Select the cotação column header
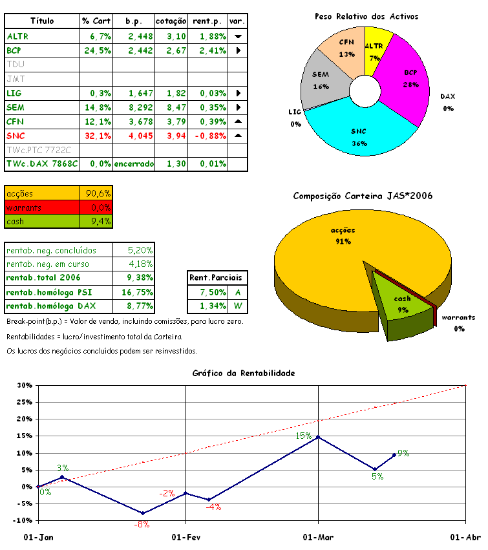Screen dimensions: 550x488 click(171, 21)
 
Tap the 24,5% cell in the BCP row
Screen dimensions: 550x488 click(96, 50)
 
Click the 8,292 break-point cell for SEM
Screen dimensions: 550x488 click(134, 107)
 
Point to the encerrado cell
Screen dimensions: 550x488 click(134, 164)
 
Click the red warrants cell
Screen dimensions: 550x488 click(42, 207)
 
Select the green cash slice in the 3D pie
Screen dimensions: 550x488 click(403, 304)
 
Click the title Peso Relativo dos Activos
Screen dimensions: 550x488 click(366, 16)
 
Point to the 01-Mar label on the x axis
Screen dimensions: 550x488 click(317, 537)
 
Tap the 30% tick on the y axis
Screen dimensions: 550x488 click(25, 385)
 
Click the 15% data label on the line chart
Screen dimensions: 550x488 click(304, 436)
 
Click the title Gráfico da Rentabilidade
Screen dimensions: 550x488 click(244, 373)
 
